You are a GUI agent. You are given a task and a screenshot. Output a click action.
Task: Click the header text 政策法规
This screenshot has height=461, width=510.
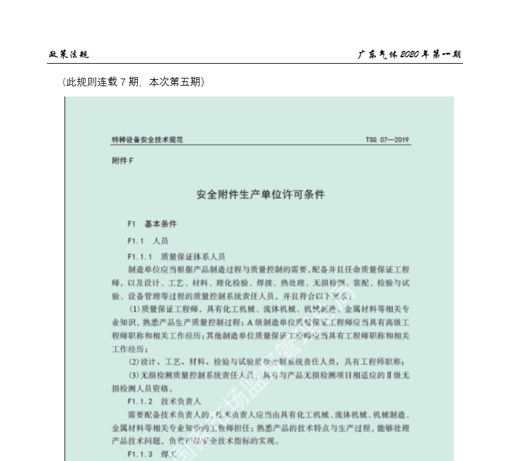point(69,54)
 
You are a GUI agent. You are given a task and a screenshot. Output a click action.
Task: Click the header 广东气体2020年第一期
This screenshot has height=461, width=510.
point(410,54)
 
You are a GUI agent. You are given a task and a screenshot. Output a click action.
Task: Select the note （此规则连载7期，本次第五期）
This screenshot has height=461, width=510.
point(133,82)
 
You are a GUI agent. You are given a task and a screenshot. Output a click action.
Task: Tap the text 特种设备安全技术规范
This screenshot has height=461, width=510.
point(147,140)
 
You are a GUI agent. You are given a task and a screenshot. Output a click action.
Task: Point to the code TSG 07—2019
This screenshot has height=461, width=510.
point(388,140)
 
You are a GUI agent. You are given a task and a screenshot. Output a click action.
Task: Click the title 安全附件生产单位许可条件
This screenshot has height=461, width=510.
point(261,193)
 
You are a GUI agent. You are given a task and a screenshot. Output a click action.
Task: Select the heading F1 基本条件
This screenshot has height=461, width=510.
point(152,224)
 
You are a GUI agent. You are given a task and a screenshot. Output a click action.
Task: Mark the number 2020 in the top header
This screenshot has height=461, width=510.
point(409,54)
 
